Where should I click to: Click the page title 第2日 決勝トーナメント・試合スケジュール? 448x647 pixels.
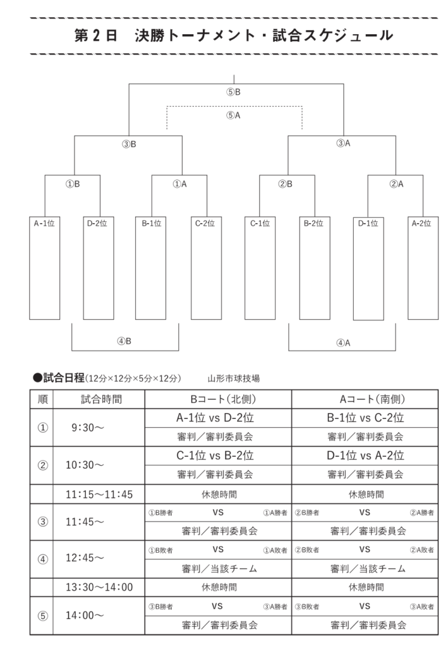point(234,35)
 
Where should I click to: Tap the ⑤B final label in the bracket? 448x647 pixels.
point(233,92)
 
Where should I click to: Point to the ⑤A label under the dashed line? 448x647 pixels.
point(233,116)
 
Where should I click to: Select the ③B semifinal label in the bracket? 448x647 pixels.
point(129,144)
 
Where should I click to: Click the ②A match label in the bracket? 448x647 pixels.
point(396,184)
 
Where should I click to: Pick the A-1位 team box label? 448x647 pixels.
point(44,223)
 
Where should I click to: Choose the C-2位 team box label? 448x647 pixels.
point(205,223)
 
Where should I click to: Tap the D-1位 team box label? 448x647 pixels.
point(368,223)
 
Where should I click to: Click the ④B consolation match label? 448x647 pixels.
point(124,341)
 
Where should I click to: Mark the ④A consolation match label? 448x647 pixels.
point(343,343)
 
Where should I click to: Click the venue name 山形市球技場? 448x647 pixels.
point(234,378)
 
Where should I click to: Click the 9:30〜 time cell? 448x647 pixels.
point(87,428)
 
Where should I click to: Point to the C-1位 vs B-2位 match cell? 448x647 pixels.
point(215,456)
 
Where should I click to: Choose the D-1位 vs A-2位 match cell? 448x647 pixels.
point(365,456)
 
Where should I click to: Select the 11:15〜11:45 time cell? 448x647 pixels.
point(99,494)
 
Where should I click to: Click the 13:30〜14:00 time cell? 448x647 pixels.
point(99,587)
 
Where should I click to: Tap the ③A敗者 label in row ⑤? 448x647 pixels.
point(421,607)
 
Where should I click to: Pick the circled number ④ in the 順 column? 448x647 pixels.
point(42,559)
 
